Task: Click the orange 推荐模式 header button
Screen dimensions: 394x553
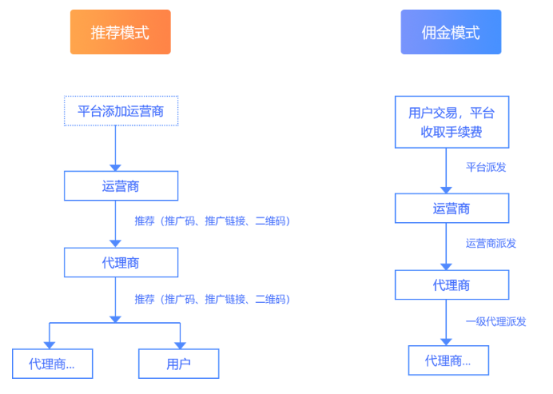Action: [x=120, y=32]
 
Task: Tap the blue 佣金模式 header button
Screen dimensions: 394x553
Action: [x=451, y=32]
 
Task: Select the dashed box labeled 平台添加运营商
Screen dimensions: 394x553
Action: [x=121, y=110]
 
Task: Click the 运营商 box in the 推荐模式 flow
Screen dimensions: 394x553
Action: [x=121, y=186]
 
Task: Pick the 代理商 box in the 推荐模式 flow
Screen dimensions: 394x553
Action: [x=121, y=261]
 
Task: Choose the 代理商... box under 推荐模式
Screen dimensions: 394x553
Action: [x=52, y=364]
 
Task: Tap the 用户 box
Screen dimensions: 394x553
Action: [x=178, y=364]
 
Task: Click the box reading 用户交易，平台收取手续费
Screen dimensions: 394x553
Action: [x=452, y=121]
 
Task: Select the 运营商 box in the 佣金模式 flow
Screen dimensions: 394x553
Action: [x=452, y=209]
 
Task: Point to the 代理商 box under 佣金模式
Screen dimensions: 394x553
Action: [x=452, y=285]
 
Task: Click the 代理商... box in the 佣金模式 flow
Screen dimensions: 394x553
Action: [x=448, y=360]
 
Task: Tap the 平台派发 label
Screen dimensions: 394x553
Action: [x=486, y=167]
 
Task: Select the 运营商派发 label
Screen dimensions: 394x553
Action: [x=491, y=243]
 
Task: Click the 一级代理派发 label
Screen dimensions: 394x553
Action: [x=495, y=321]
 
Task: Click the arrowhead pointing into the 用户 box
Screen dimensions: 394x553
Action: [x=180, y=344]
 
